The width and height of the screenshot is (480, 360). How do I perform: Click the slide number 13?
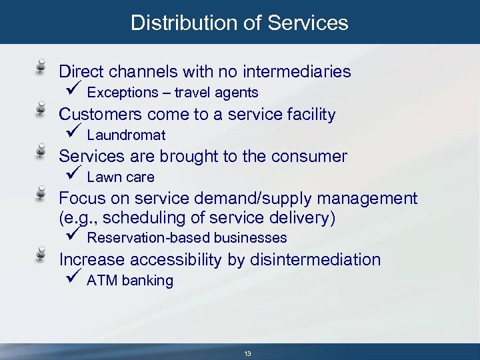click(247, 353)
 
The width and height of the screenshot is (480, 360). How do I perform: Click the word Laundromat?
click(126, 135)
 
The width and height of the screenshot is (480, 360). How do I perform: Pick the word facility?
click(311, 114)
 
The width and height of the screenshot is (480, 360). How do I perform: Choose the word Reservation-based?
click(141, 238)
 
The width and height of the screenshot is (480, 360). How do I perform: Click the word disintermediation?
click(315, 259)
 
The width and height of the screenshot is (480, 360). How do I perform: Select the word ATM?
click(101, 281)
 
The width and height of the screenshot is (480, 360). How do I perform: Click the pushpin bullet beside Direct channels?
click(41, 67)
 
